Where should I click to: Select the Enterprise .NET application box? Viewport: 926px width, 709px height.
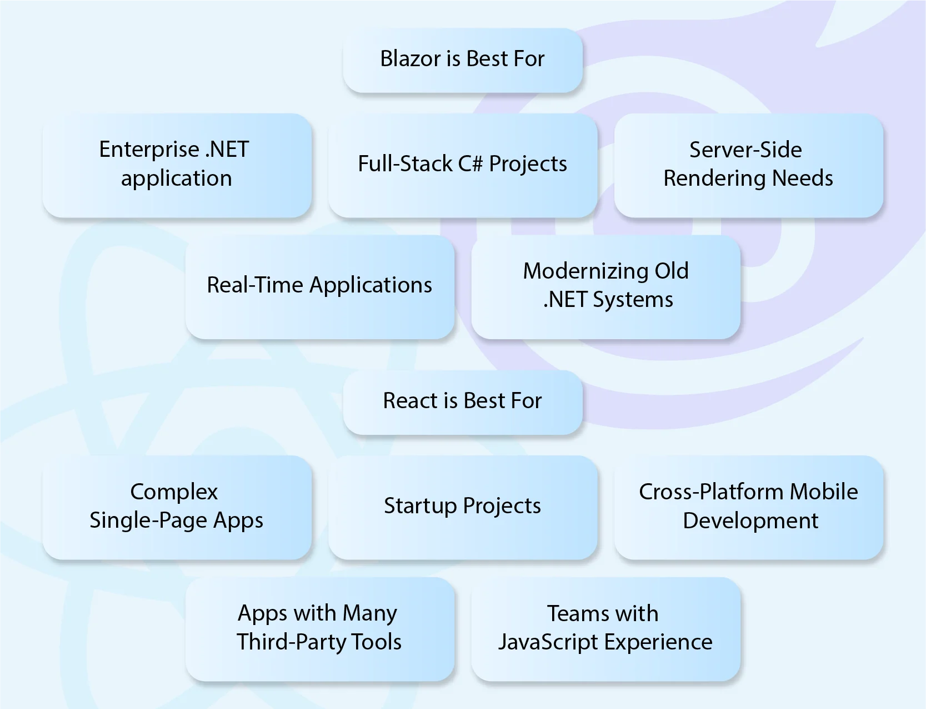click(177, 165)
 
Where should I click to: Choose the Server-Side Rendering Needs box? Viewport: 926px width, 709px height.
click(748, 165)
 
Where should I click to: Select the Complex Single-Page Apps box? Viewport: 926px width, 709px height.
click(177, 507)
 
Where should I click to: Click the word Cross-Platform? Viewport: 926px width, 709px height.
click(712, 492)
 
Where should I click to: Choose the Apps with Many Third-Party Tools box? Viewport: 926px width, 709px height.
click(319, 628)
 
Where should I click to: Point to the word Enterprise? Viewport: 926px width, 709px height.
click(149, 150)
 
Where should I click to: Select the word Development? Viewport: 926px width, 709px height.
click(750, 521)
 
